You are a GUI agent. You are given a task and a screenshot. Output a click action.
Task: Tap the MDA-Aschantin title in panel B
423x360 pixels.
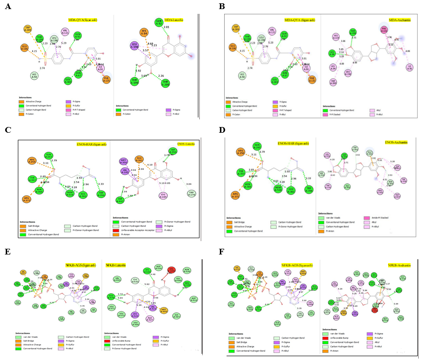click(x=400, y=20)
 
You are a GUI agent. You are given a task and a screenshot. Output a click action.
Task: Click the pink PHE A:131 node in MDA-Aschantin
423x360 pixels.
click(x=384, y=30)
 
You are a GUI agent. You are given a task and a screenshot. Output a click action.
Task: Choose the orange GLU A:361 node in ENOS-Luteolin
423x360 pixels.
click(x=140, y=159)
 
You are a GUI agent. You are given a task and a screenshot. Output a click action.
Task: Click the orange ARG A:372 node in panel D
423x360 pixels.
click(x=235, y=196)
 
